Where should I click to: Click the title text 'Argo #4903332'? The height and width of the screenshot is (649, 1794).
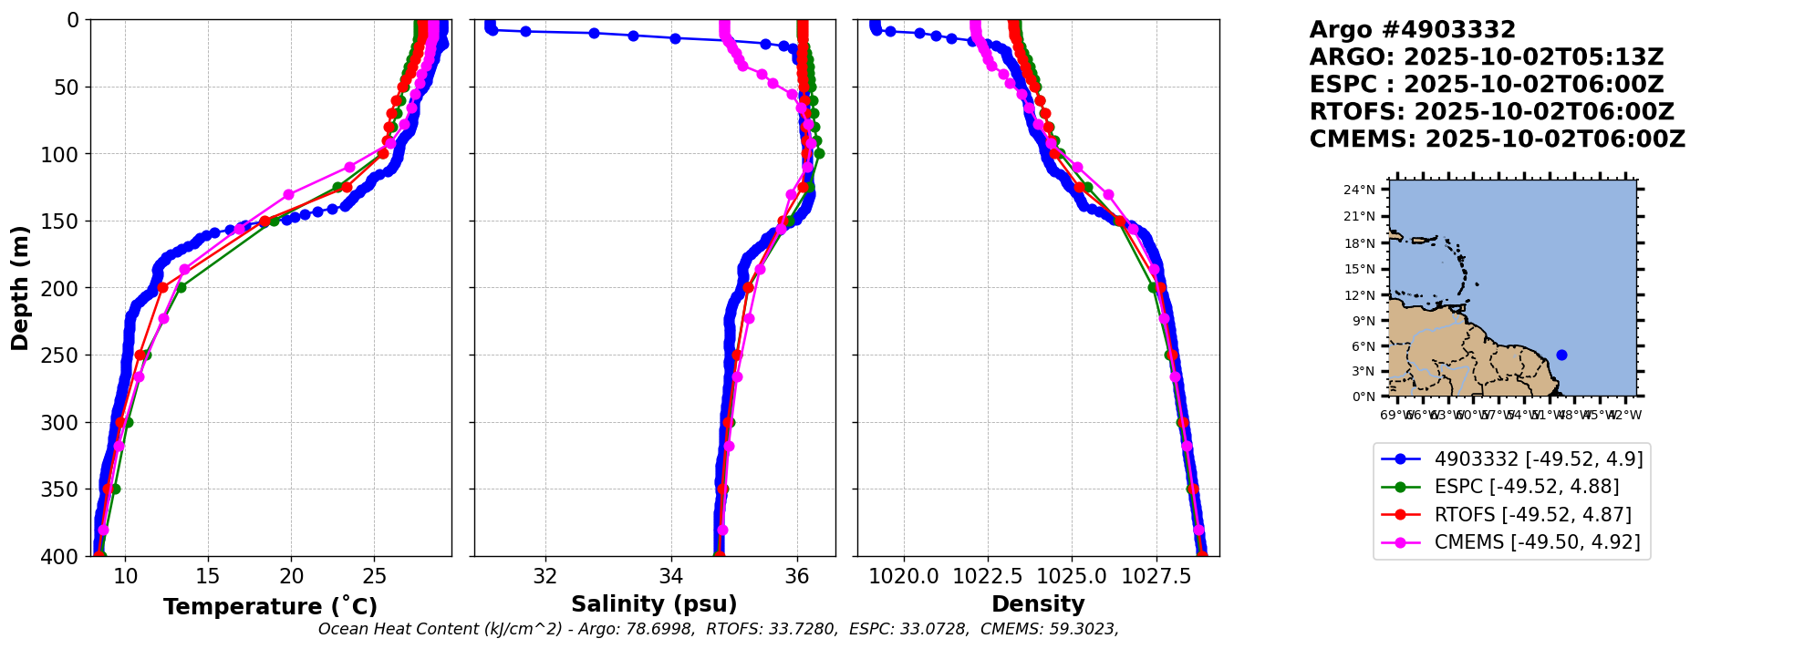pos(1412,30)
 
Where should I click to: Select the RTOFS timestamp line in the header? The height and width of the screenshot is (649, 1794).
pos(1491,112)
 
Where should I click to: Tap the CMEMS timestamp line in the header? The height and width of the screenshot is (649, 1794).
pos(1497,139)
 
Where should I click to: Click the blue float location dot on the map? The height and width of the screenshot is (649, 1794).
pos(1561,355)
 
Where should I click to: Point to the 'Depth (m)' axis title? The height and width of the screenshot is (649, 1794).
pos(19,288)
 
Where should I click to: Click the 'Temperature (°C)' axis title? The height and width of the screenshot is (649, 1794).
pos(270,607)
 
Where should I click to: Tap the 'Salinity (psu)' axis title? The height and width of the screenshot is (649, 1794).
pos(654,604)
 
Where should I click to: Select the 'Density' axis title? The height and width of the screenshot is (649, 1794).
pos(1038,604)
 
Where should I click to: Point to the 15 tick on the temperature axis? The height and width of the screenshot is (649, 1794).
pos(208,576)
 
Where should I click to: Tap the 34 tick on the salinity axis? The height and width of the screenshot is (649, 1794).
pos(671,576)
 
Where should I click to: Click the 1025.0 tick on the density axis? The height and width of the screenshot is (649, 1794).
pos(1072,576)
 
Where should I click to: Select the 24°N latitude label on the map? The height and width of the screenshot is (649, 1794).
pos(1359,190)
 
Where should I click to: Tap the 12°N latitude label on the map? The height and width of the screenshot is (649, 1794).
pos(1359,295)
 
